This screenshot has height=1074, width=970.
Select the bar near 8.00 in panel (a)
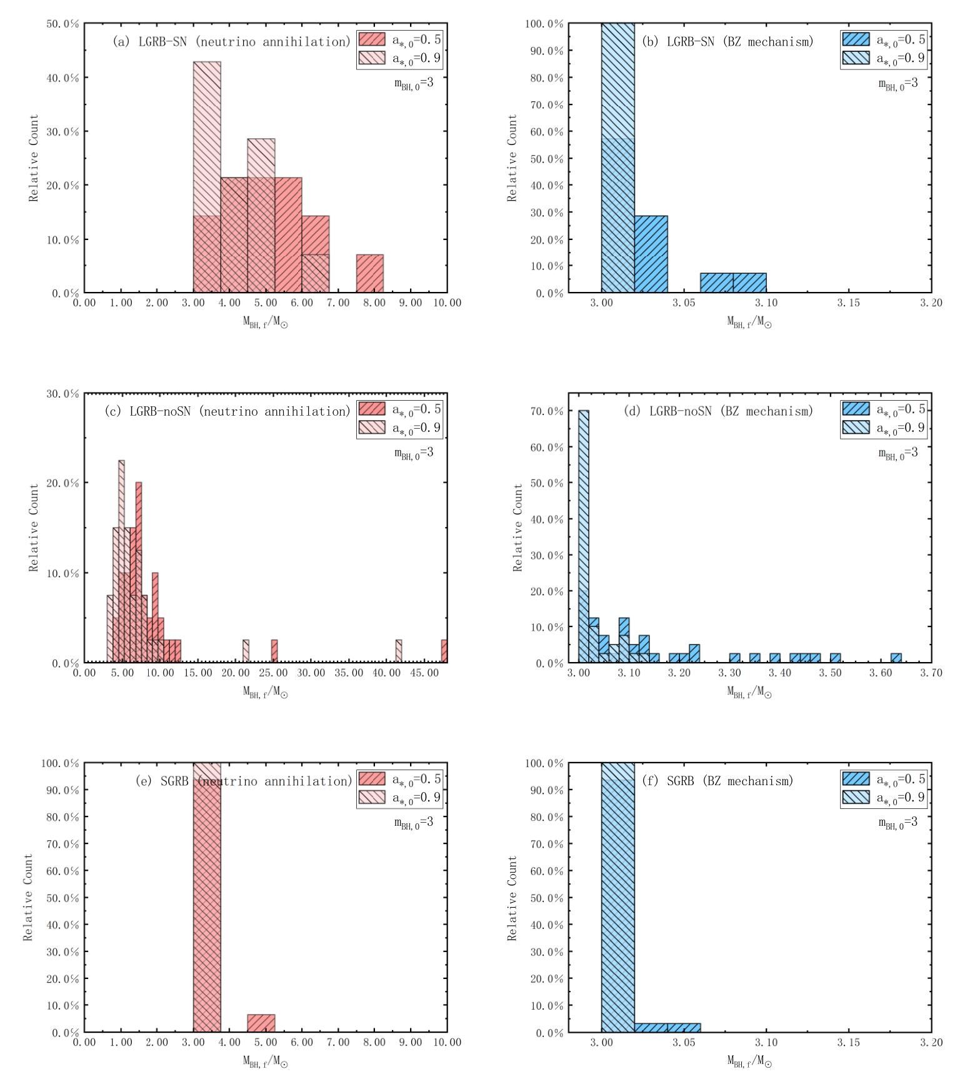pyautogui.click(x=370, y=274)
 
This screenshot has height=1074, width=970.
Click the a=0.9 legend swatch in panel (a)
pyautogui.click(x=372, y=59)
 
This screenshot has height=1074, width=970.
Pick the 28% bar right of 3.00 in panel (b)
pyautogui.click(x=651, y=254)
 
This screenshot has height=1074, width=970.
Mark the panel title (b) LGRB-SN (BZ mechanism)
pyautogui.click(x=728, y=42)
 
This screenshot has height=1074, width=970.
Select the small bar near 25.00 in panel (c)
pyautogui.click(x=274, y=651)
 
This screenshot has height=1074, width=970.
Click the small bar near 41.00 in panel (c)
pyautogui.click(x=399, y=651)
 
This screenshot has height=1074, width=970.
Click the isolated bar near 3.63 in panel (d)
pyautogui.click(x=896, y=658)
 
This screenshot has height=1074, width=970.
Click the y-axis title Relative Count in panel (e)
pyautogui.click(x=28, y=897)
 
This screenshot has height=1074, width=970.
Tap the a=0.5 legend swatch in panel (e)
pyautogui.click(x=372, y=779)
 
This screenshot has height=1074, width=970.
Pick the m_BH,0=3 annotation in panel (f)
pyautogui.click(x=898, y=823)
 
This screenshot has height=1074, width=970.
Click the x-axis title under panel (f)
pyautogui.click(x=749, y=1061)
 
